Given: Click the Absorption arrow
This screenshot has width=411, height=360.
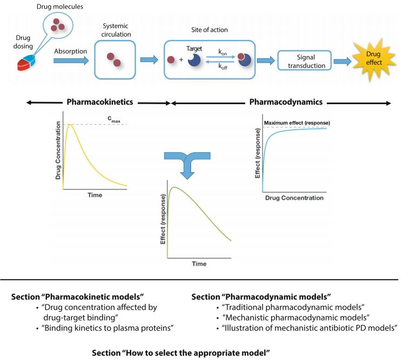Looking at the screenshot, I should tap(71, 61).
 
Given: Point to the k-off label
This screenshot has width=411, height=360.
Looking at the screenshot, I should tap(223, 69).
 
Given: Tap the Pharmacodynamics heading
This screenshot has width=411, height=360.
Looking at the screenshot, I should tap(286, 101).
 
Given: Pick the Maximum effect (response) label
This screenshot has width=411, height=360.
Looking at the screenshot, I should tap(297, 123).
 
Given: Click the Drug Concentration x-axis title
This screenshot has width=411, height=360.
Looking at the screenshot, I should tap(294, 198).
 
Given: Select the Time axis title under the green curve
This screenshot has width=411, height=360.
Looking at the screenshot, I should tap(199, 264).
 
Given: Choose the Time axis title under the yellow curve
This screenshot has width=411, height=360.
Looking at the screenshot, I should tap(95, 195).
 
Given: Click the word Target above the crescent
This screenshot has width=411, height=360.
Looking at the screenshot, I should tap(194, 49).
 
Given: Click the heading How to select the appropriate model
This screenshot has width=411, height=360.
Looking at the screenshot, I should tap(182, 352).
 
